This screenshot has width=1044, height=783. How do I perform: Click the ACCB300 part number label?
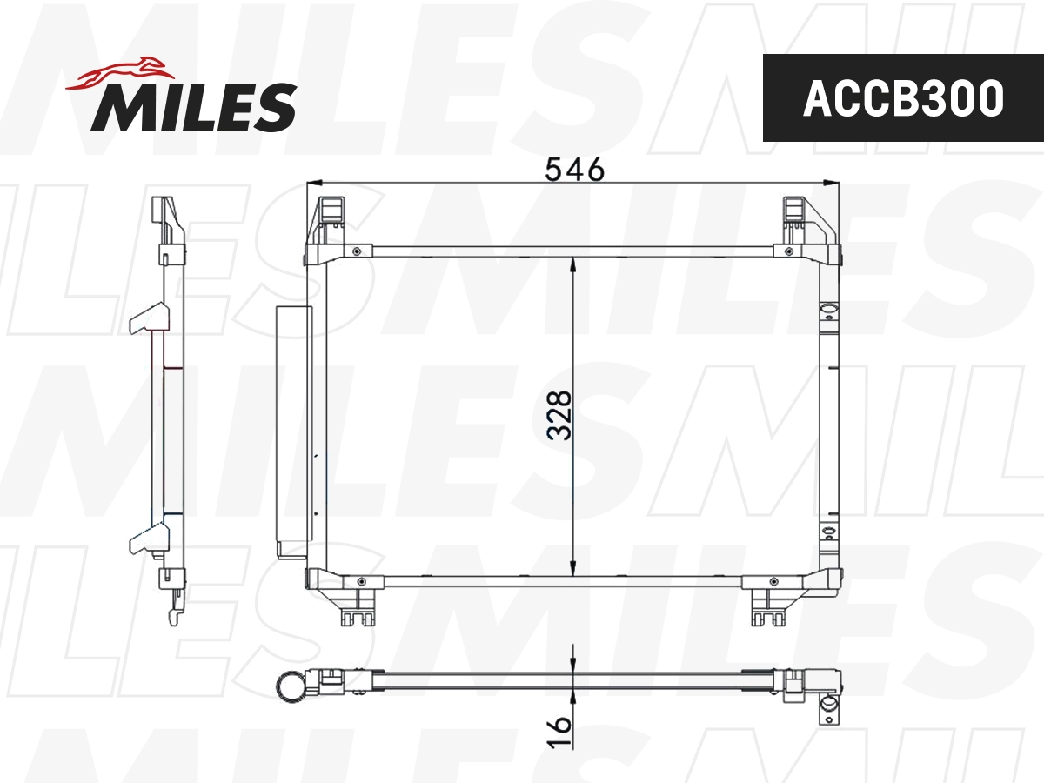[x=902, y=98]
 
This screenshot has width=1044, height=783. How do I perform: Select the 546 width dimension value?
[x=573, y=169]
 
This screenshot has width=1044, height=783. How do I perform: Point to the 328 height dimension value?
[x=562, y=415]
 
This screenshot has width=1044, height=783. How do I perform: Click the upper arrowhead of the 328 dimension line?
[x=572, y=264]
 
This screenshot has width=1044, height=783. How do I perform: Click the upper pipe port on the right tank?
[x=828, y=307]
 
